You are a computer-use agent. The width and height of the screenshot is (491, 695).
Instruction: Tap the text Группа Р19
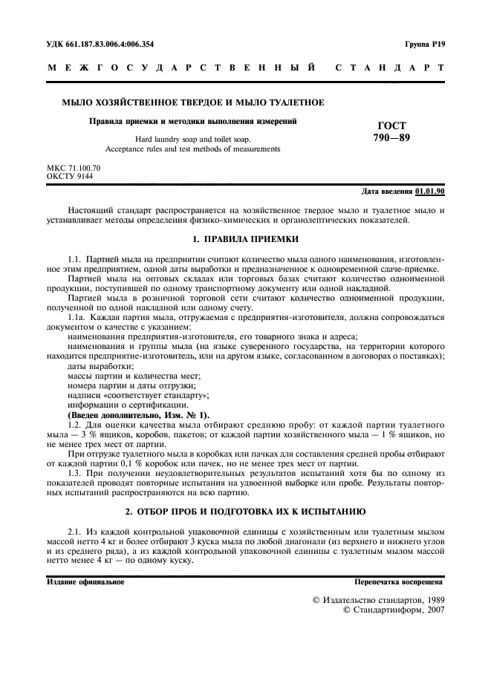point(425,45)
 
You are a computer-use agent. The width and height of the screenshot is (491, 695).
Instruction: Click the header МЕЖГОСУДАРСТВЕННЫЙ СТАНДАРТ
point(245,68)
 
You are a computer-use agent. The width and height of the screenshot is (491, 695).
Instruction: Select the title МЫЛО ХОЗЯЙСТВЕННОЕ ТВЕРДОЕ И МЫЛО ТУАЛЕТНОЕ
point(186,102)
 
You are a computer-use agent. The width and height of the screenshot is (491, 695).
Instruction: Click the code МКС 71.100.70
point(73,169)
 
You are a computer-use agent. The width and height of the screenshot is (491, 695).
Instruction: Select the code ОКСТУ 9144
point(69,177)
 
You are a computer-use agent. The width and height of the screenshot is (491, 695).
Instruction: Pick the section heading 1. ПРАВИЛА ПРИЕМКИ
point(245,239)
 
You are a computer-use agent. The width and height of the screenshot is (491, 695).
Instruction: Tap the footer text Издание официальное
point(85,582)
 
